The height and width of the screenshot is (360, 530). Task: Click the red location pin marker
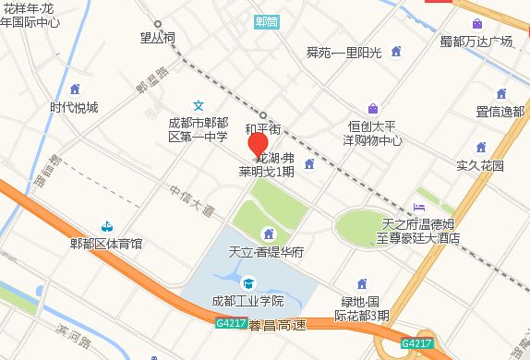(259, 146)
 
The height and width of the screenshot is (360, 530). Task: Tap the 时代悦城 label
(74, 107)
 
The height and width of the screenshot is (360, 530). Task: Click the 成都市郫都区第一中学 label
(198, 129)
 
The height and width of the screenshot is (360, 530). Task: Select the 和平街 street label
(262, 129)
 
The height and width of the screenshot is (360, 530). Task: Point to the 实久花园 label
(480, 165)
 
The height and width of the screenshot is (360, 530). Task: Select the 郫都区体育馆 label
(106, 244)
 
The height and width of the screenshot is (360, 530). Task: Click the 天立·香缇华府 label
(267, 251)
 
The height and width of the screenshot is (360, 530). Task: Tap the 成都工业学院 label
(247, 301)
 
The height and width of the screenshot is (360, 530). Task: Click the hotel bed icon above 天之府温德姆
(420, 207)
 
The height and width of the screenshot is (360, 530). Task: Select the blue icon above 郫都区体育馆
(107, 226)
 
